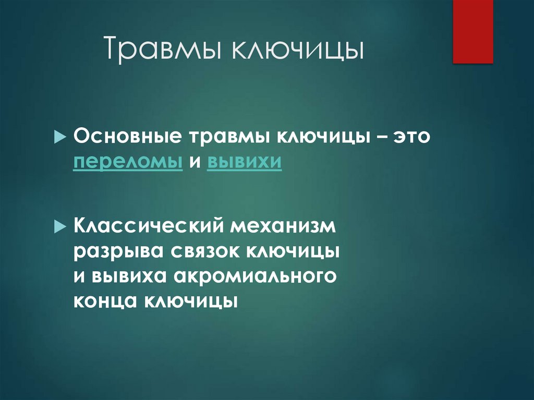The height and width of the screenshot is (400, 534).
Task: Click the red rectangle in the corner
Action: tap(472, 31)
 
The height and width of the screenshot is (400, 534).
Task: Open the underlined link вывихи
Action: tap(245, 162)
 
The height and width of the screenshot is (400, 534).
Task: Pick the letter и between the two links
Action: tap(195, 163)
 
